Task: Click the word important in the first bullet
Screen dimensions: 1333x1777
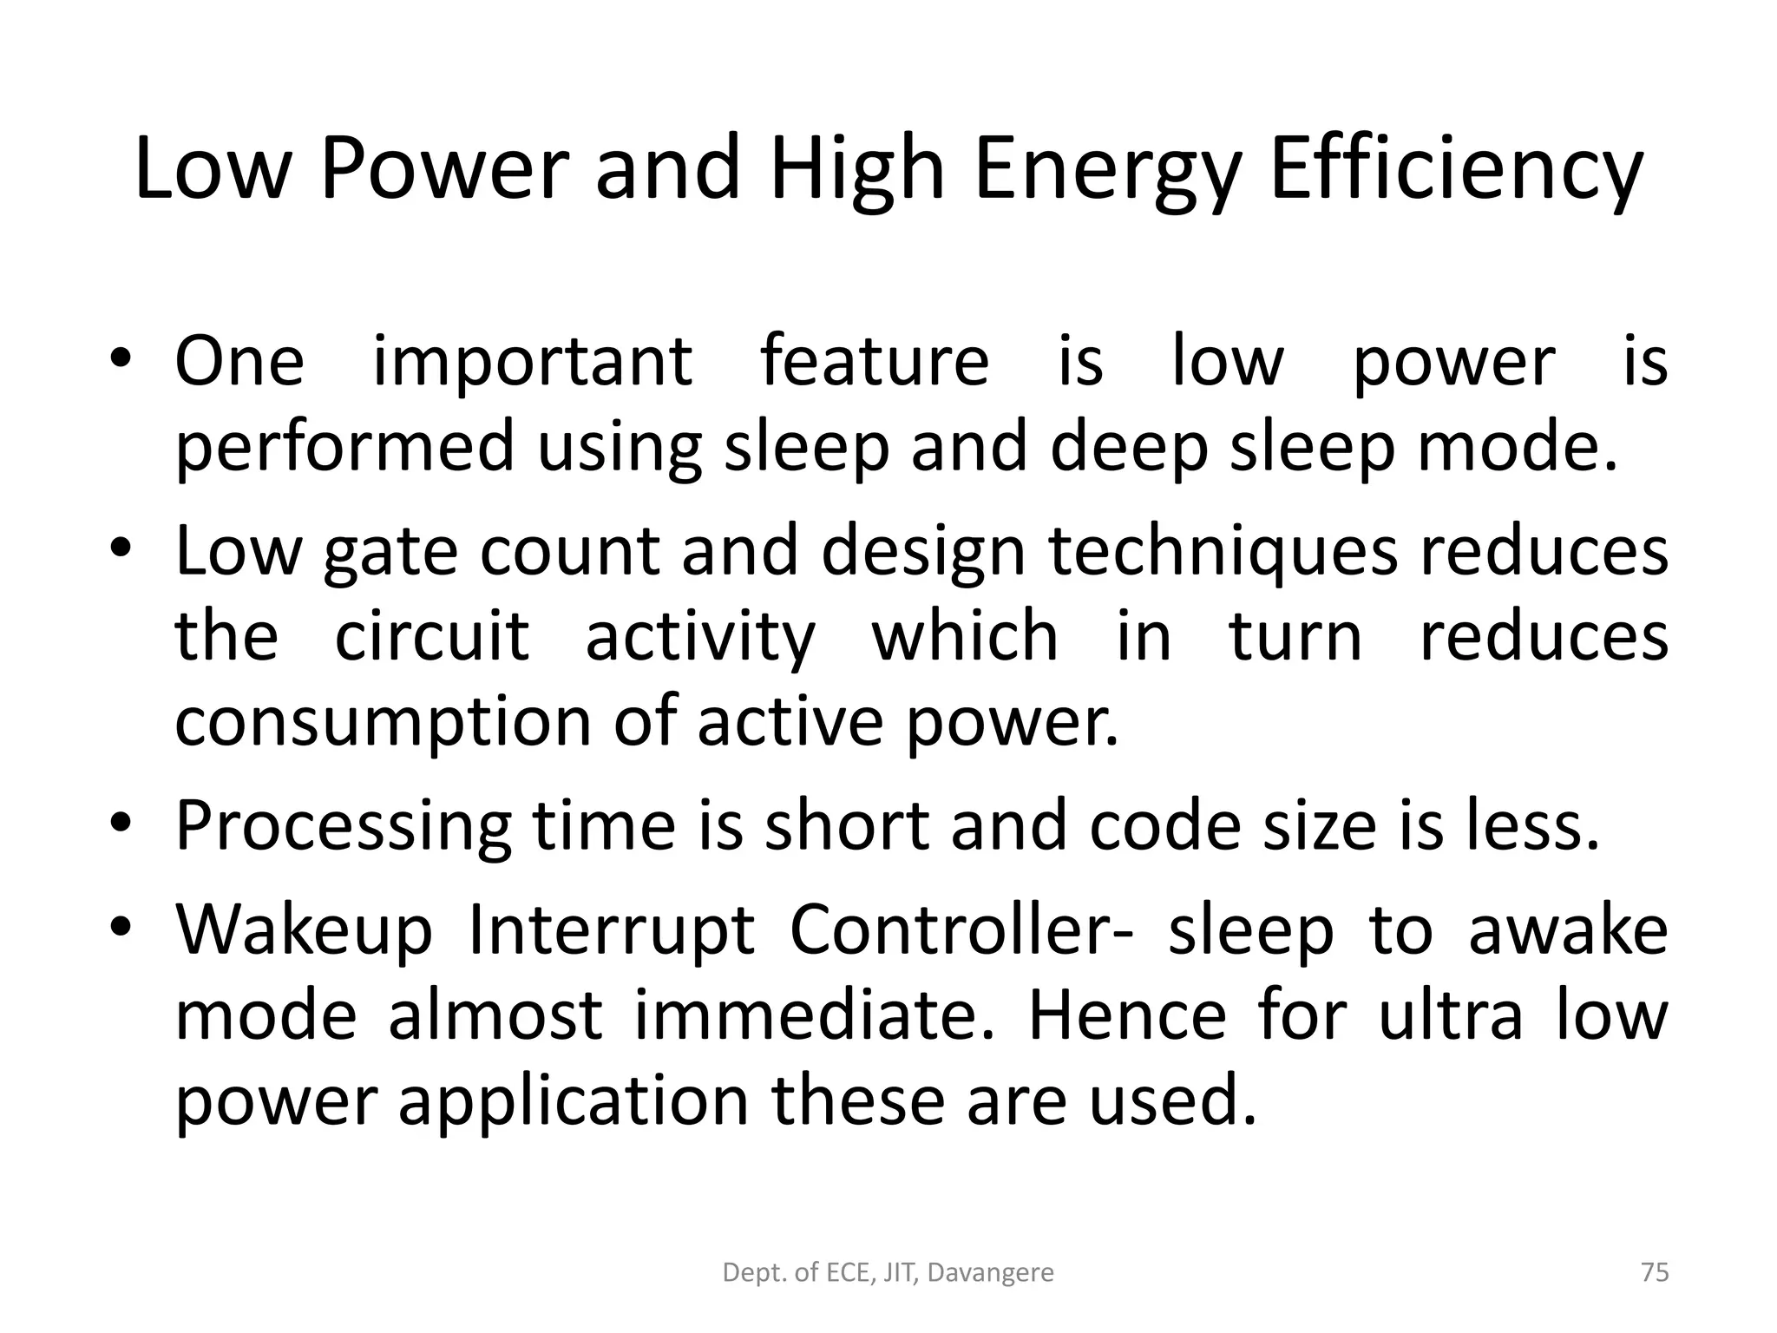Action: (x=532, y=362)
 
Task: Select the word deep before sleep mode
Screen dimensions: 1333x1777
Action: (x=1129, y=447)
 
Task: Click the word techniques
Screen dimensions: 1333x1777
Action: (x=1223, y=551)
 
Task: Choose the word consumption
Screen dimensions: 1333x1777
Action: (x=383, y=723)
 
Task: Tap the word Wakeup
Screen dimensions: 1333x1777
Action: (x=304, y=930)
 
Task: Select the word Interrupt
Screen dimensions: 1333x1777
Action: (x=610, y=930)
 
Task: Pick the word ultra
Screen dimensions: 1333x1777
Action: (x=1450, y=1015)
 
